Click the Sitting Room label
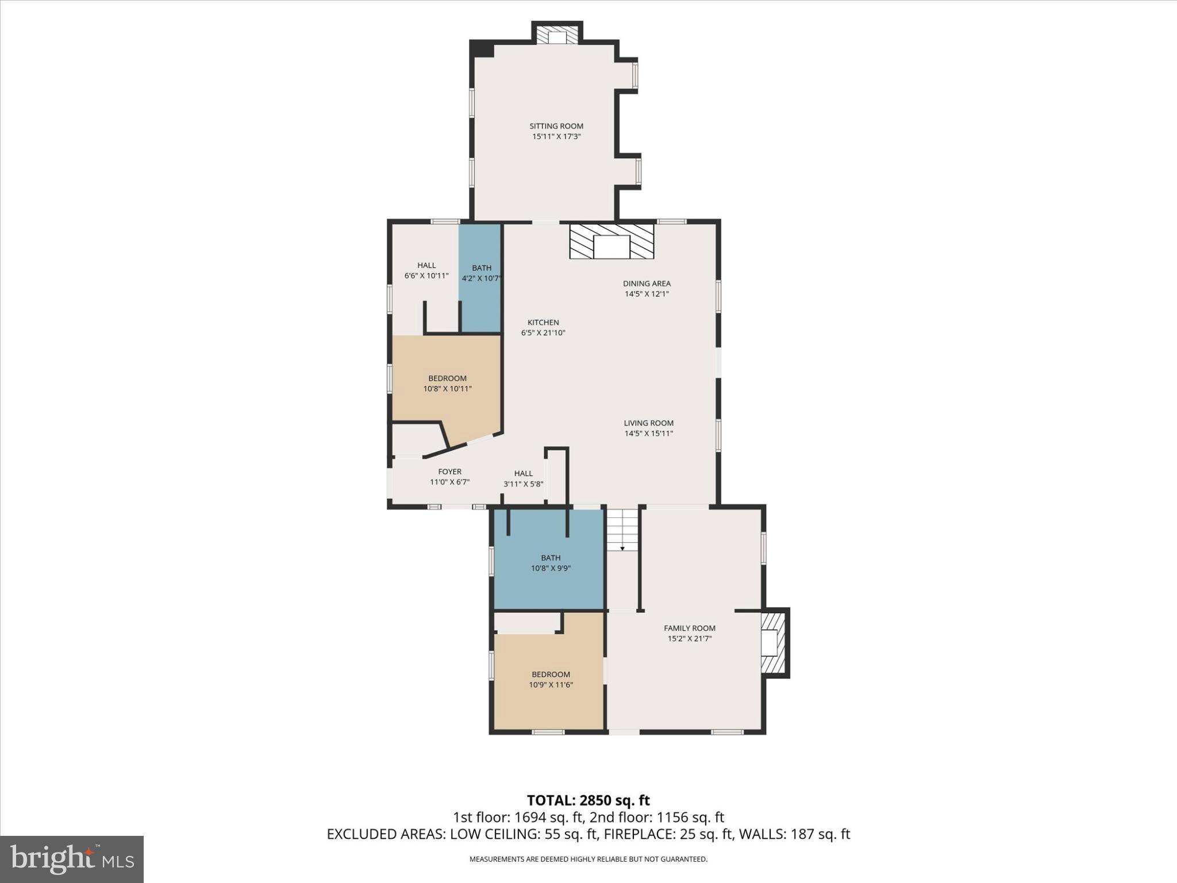[x=556, y=126]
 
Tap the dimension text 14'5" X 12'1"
[x=647, y=294]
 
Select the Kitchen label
[x=543, y=323]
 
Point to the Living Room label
[x=648, y=423]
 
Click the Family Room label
[x=689, y=628]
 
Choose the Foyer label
[x=449, y=472]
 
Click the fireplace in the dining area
[x=611, y=241]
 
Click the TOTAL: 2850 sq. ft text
[x=588, y=800]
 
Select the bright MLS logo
[x=72, y=859]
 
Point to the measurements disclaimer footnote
[x=588, y=859]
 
